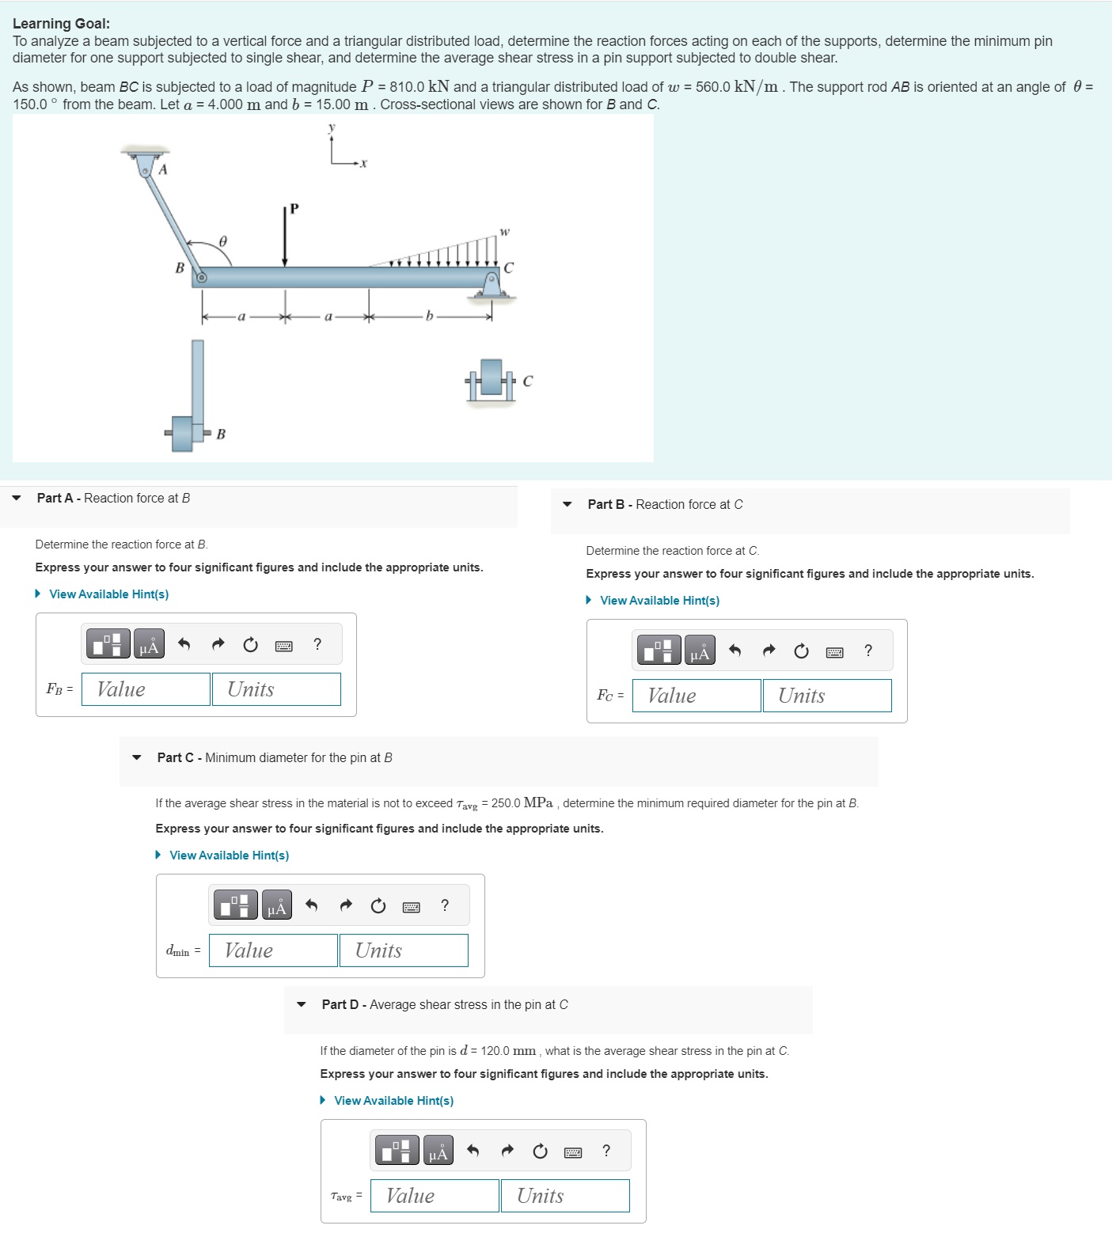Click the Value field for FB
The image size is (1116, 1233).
(x=146, y=689)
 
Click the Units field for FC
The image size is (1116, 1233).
(x=826, y=696)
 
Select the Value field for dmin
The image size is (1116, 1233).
(x=273, y=950)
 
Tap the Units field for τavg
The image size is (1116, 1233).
(x=564, y=1196)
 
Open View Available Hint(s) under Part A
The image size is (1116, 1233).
(x=108, y=594)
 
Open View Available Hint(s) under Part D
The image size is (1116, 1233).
(x=393, y=1101)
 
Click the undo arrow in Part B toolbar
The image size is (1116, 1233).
(x=735, y=651)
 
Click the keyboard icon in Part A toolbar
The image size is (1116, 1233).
(x=283, y=646)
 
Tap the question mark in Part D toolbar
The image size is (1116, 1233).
(x=606, y=1151)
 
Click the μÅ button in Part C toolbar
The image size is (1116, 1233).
(x=277, y=905)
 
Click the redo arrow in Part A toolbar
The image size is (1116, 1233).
(x=218, y=644)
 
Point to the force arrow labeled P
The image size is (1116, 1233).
(x=285, y=237)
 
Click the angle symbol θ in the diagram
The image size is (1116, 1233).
(x=223, y=241)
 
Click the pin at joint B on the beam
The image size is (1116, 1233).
(x=201, y=277)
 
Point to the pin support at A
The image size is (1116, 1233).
(x=145, y=168)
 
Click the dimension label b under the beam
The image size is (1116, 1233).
(x=429, y=317)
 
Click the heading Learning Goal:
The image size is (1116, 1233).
(x=61, y=24)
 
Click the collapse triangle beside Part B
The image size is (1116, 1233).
(x=567, y=505)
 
